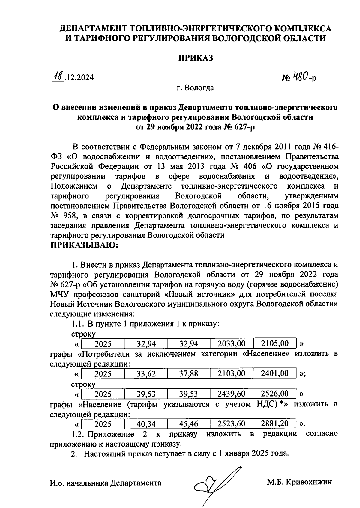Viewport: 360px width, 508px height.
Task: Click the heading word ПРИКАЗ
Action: pyautogui.click(x=196, y=58)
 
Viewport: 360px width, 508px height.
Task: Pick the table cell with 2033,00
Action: pyautogui.click(x=231, y=343)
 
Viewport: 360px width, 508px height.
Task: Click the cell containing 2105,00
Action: pyautogui.click(x=275, y=343)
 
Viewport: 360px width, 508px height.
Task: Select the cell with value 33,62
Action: pyautogui.click(x=146, y=374)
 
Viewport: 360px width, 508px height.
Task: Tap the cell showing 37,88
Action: pyautogui.click(x=189, y=374)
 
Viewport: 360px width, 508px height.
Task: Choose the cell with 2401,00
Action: pyautogui.click(x=275, y=373)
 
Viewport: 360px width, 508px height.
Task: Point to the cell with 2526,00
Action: pyautogui.click(x=275, y=394)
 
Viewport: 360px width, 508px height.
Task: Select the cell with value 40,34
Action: pyautogui.click(x=146, y=424)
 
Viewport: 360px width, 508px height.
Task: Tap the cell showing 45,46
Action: pyautogui.click(x=189, y=424)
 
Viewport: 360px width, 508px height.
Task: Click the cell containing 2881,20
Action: pyautogui.click(x=275, y=424)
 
